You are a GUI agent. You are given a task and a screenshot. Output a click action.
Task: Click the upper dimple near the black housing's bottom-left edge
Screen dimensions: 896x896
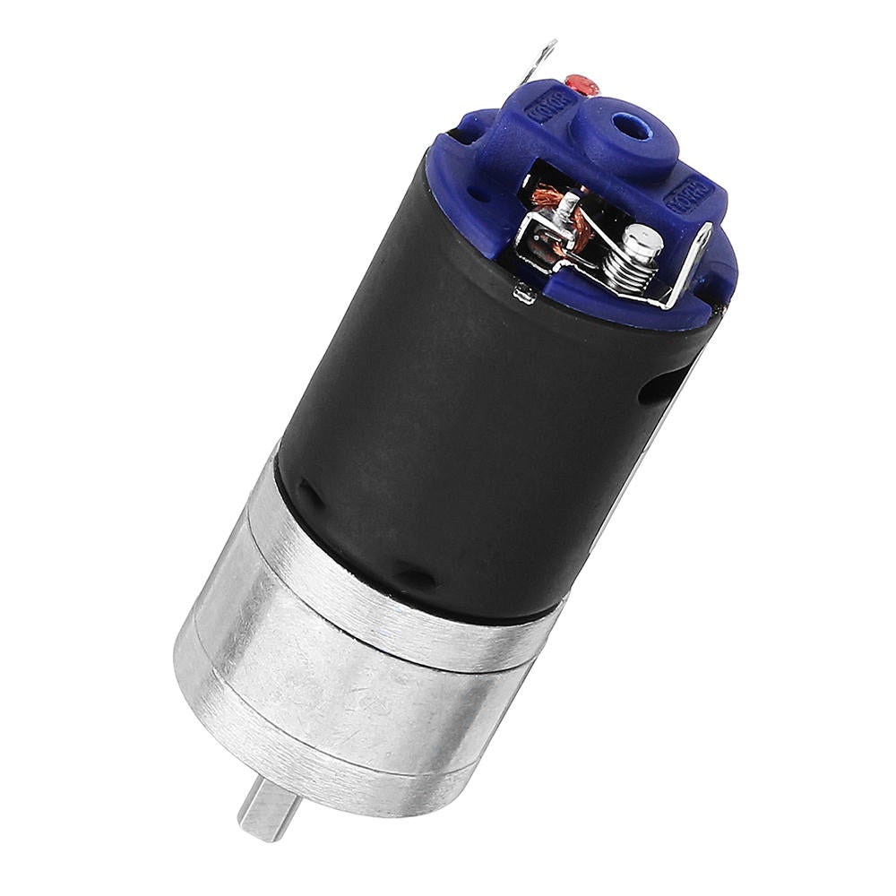[x=308, y=492]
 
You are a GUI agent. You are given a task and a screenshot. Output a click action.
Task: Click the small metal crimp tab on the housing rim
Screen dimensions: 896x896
[x=524, y=291]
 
